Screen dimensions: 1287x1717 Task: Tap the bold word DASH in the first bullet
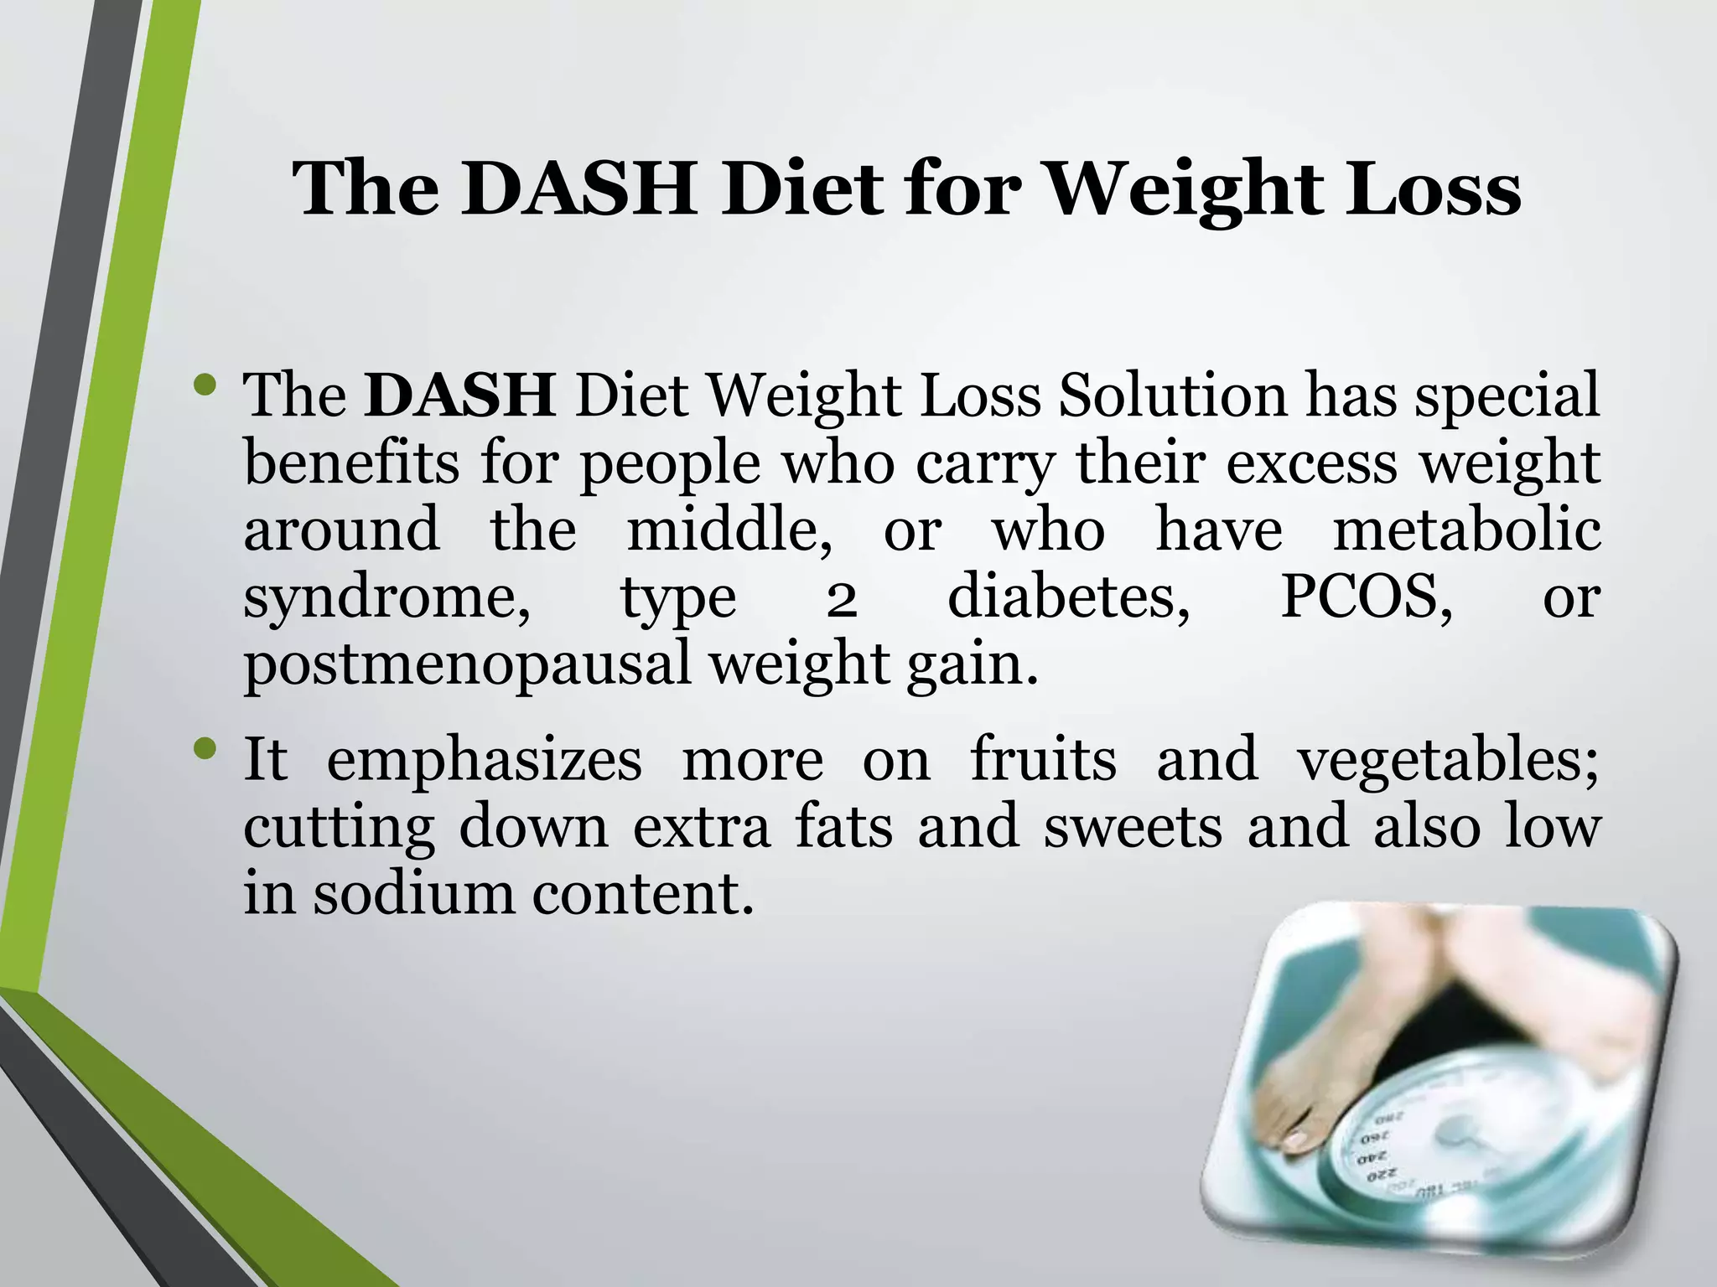459,395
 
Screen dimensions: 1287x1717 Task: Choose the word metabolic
1466,530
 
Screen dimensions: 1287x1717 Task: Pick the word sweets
1133,826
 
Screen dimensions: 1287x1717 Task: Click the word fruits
1043,759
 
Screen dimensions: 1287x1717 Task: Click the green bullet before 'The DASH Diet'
205,386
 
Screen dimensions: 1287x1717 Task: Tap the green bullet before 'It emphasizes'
205,749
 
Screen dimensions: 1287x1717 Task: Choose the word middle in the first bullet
729,530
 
